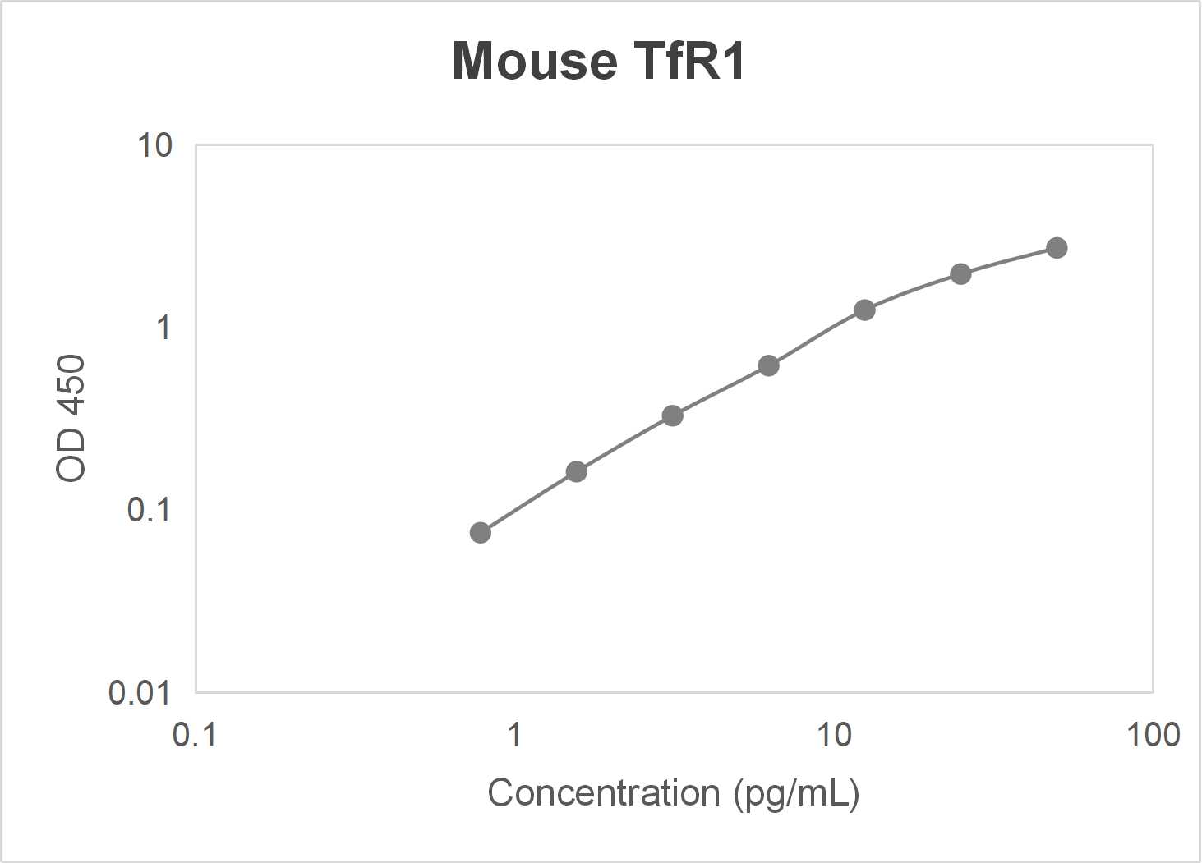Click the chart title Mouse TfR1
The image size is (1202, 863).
tap(599, 61)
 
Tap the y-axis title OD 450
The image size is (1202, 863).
tap(71, 418)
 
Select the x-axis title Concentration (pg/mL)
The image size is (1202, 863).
tap(673, 793)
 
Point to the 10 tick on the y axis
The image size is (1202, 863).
tap(155, 145)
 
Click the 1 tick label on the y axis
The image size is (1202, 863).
tap(163, 328)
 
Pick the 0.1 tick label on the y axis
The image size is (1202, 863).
tap(149, 510)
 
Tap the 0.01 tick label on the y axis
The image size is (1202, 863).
tap(140, 693)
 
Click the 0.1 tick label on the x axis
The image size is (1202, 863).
tap(195, 734)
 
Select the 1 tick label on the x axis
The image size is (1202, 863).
tap(514, 734)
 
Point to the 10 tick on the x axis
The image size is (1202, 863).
tap(834, 734)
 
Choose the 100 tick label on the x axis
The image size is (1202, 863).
tap(1153, 734)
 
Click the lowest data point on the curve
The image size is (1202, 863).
tap(481, 533)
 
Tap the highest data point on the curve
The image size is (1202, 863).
tap(1057, 248)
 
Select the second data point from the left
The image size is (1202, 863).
tap(577, 471)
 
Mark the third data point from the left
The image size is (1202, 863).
tap(673, 415)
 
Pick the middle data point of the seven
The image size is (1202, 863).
tap(769, 365)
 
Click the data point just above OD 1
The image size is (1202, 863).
tap(864, 310)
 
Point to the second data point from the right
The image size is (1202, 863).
tap(960, 273)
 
